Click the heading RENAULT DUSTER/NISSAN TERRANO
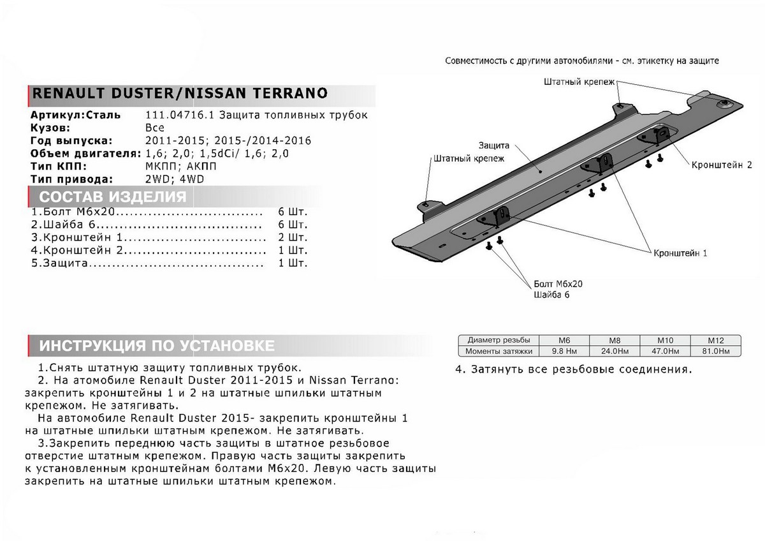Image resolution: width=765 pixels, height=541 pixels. pyautogui.click(x=179, y=93)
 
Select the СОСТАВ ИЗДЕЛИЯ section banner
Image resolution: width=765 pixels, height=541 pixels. pyautogui.click(x=112, y=196)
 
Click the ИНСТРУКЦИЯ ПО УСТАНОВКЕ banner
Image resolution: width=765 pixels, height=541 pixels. pyautogui.click(x=157, y=346)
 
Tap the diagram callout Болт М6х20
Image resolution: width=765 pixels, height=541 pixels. pyautogui.click(x=558, y=283)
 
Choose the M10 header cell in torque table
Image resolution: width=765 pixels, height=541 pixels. pyautogui.click(x=663, y=341)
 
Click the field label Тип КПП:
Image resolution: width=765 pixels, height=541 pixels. pyautogui.click(x=57, y=167)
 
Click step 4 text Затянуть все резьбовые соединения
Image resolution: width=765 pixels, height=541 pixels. pyautogui.click(x=573, y=369)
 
